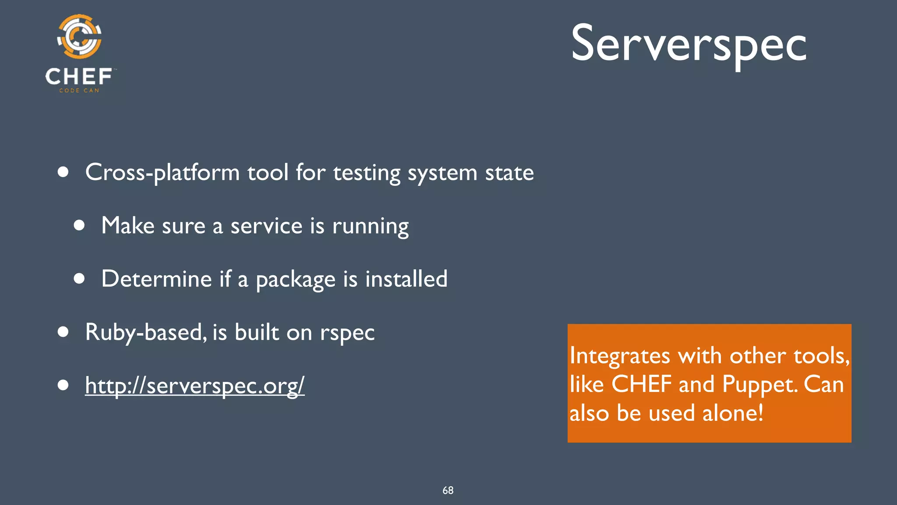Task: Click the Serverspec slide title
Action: pyautogui.click(x=689, y=44)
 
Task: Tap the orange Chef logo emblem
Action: pyautogui.click(x=79, y=36)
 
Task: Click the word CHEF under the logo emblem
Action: pyautogui.click(x=79, y=77)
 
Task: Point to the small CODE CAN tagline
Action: pyautogui.click(x=79, y=90)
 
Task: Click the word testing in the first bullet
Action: pyautogui.click(x=367, y=172)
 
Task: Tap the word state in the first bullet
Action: pyautogui.click(x=509, y=172)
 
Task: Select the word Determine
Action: pyautogui.click(x=156, y=279)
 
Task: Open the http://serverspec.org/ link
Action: pyautogui.click(x=194, y=386)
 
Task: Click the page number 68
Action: pyautogui.click(x=448, y=490)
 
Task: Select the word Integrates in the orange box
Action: pyautogui.click(x=619, y=356)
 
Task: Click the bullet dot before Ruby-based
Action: pyautogui.click(x=63, y=332)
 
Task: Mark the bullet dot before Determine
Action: pyautogui.click(x=79, y=278)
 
